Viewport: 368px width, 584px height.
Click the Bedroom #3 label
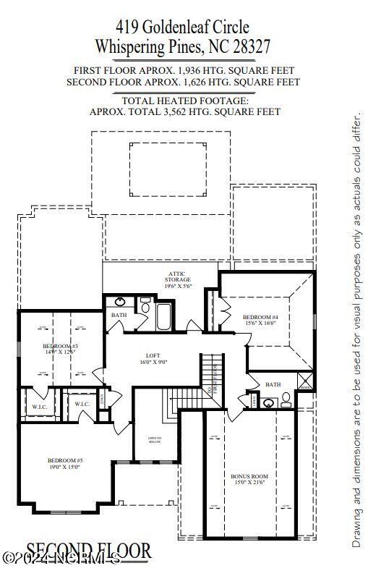point(61,347)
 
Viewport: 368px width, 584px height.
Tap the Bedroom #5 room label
point(66,461)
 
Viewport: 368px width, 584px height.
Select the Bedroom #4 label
point(260,317)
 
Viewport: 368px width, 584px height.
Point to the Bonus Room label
point(249,476)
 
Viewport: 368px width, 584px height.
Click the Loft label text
point(153,355)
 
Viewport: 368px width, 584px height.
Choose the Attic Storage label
point(177,276)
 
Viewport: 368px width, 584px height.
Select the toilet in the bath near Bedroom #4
point(286,399)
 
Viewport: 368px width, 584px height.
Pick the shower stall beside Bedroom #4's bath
point(305,381)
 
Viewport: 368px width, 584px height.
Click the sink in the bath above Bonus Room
point(268,403)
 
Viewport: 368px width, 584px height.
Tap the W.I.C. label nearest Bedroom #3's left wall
point(39,405)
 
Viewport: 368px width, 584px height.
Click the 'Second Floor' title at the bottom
point(89,552)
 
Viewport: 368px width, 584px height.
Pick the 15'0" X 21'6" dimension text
point(249,483)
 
